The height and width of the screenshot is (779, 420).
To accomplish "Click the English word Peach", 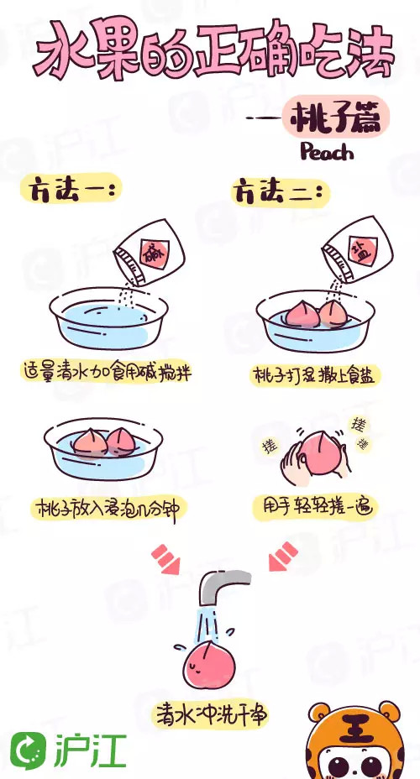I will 326,152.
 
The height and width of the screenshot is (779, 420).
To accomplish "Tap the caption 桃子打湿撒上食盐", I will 315,375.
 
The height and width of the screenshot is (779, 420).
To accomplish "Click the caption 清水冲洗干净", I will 210,713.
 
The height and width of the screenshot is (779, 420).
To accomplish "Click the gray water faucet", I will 220,590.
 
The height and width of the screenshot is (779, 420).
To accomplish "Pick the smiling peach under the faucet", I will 209,662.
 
